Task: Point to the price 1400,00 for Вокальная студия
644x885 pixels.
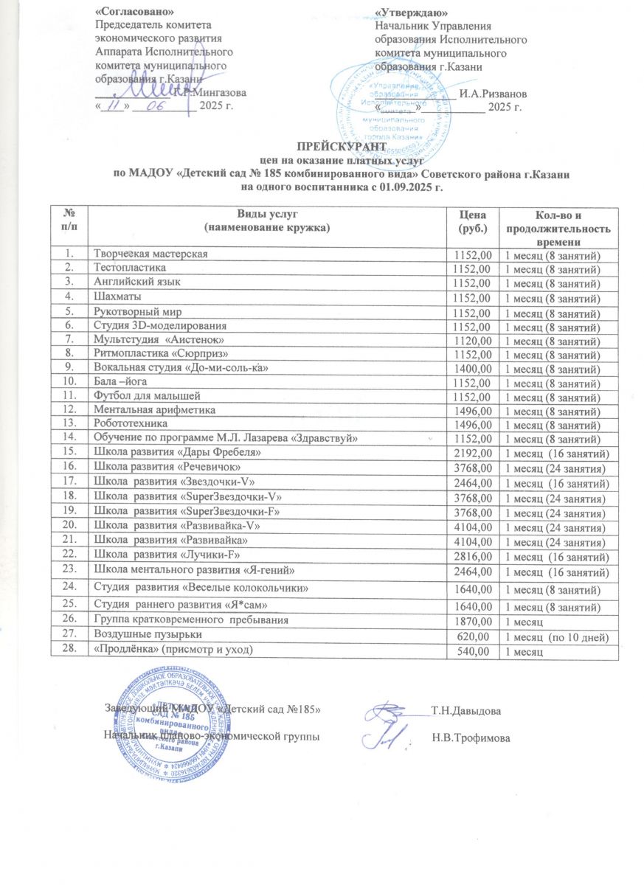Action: (x=473, y=368)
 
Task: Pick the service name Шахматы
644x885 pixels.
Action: (x=113, y=298)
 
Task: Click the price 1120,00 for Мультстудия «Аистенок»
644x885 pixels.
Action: (x=473, y=340)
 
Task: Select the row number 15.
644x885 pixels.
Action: (x=69, y=452)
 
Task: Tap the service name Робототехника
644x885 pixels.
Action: (x=128, y=424)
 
